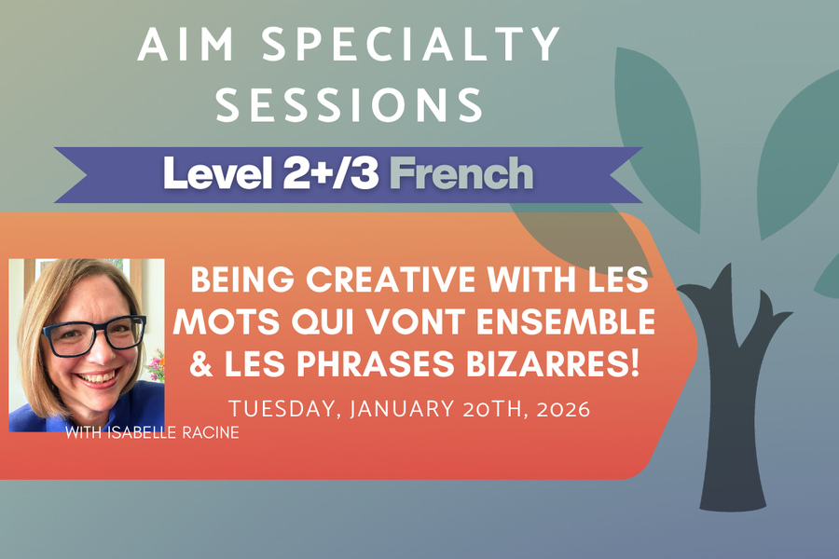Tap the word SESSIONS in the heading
pyautogui.click(x=349, y=104)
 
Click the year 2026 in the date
pyautogui.click(x=560, y=409)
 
